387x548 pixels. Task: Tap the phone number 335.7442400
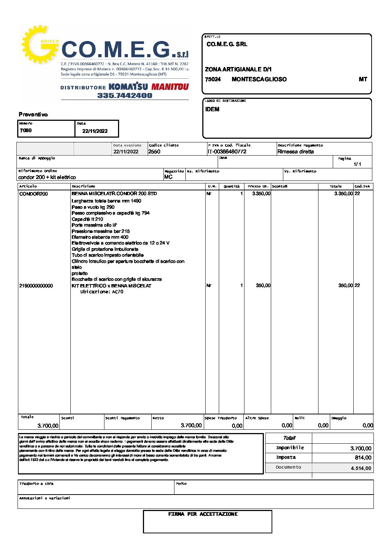(x=125, y=96)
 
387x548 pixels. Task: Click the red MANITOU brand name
(x=170, y=87)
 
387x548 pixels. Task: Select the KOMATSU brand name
(x=128, y=87)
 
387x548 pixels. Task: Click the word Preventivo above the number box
(x=33, y=115)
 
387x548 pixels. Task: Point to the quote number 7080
(x=26, y=130)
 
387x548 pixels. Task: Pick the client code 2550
(x=154, y=152)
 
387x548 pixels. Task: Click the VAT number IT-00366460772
(x=227, y=152)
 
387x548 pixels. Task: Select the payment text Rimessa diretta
(x=295, y=152)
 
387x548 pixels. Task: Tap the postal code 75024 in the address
(x=213, y=79)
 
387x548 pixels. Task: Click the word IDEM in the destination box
(x=212, y=109)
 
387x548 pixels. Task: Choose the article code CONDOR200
(x=33, y=194)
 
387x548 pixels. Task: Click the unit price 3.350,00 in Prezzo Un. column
(x=261, y=194)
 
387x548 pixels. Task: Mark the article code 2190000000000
(x=36, y=286)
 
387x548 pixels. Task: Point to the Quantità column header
(x=232, y=186)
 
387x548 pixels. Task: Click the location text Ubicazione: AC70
(x=102, y=292)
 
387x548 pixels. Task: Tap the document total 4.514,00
(x=361, y=468)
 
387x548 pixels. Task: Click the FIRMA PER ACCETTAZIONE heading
(x=203, y=514)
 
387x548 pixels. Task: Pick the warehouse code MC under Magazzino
(x=168, y=177)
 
